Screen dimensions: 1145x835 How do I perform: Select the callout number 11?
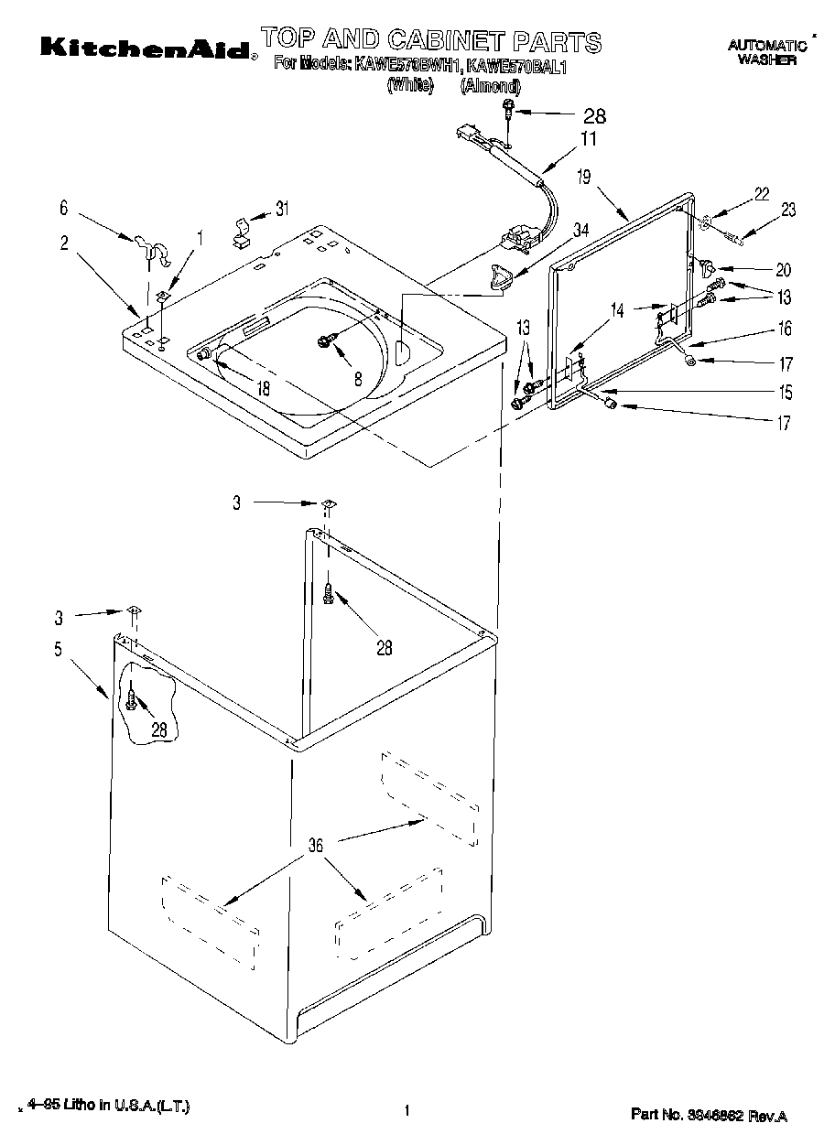[587, 139]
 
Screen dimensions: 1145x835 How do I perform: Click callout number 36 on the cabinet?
[316, 846]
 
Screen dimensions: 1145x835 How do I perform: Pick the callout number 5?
[58, 650]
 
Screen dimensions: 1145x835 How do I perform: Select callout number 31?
[282, 208]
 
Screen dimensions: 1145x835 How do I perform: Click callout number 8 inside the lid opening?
[358, 376]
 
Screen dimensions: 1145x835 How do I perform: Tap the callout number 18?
[264, 387]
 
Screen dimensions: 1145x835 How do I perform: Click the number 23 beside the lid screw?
[786, 211]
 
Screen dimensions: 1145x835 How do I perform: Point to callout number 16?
[785, 329]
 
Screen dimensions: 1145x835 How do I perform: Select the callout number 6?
[63, 208]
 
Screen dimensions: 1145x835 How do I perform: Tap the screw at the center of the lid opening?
[325, 340]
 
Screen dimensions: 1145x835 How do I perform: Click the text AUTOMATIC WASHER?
[766, 52]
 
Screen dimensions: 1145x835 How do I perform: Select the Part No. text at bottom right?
[709, 1116]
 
